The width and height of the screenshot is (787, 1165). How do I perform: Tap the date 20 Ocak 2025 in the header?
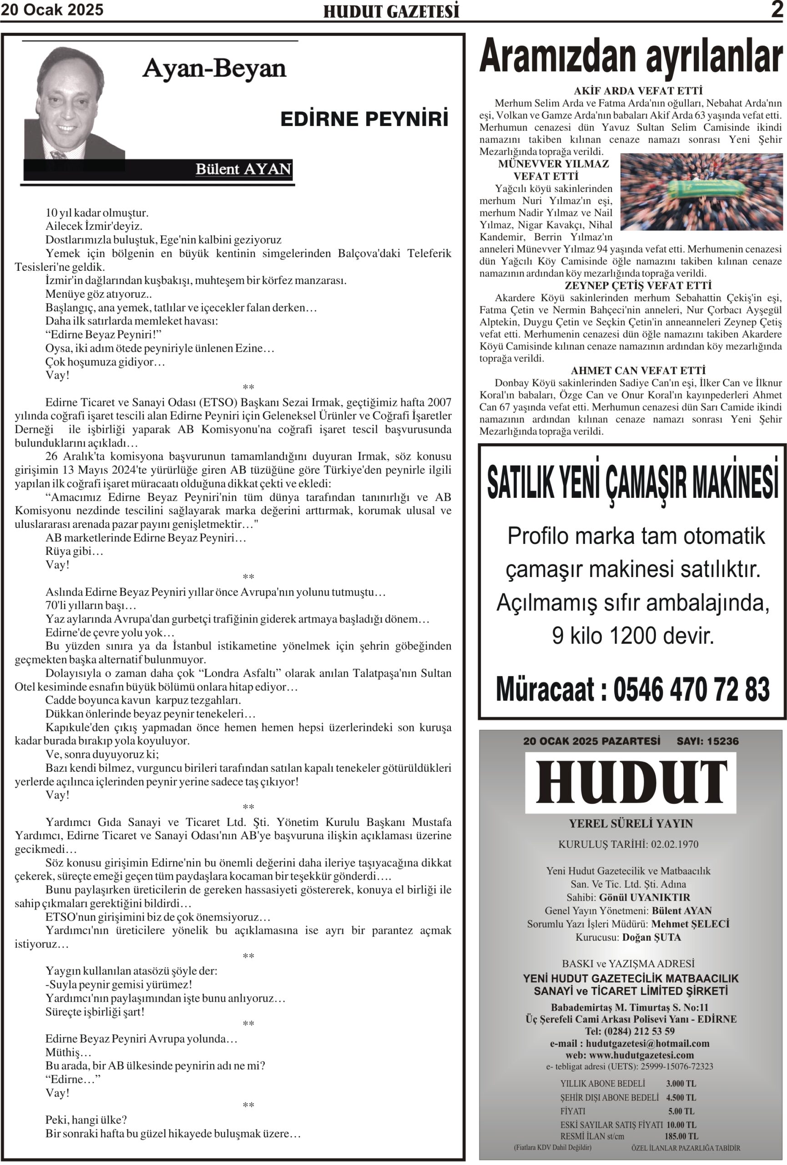[52, 10]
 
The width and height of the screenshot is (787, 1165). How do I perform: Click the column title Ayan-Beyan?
[214, 68]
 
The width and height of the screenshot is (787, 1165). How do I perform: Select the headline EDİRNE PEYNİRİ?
[364, 119]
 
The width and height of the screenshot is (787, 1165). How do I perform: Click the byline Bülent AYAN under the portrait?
[243, 169]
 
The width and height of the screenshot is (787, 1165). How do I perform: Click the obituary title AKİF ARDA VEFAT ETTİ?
[638, 91]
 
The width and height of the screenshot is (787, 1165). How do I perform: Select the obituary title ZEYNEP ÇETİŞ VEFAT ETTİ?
[638, 286]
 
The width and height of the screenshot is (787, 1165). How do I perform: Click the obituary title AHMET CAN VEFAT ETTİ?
[638, 370]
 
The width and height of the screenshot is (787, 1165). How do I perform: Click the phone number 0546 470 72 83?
[691, 689]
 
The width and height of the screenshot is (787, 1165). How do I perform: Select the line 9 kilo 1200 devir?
[632, 636]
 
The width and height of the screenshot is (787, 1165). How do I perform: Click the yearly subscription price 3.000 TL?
[681, 1083]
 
